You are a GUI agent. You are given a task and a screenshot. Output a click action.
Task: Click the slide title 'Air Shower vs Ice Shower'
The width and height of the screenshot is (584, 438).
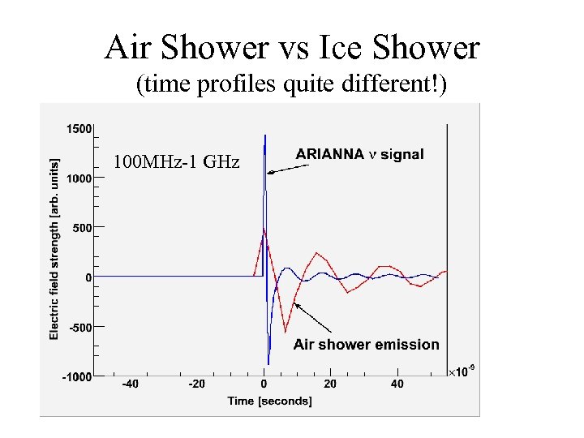click(x=292, y=49)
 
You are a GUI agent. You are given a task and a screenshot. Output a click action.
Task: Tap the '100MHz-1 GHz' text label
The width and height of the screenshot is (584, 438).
click(x=176, y=161)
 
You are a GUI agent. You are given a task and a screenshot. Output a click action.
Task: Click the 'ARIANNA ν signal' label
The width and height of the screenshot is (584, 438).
click(x=359, y=154)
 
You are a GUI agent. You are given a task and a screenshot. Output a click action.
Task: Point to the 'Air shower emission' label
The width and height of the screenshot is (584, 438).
click(x=366, y=344)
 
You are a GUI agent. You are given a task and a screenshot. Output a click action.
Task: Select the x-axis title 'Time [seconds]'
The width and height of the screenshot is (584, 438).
click(x=269, y=401)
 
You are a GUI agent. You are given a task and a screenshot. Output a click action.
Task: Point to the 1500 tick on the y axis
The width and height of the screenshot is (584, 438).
click(x=79, y=128)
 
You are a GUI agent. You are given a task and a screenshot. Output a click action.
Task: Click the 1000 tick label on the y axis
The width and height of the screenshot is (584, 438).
click(x=79, y=178)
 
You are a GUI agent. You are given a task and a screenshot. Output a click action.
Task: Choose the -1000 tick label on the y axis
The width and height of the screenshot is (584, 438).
click(x=78, y=376)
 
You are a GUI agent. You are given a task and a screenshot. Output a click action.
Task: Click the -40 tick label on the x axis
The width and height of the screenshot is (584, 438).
click(x=130, y=384)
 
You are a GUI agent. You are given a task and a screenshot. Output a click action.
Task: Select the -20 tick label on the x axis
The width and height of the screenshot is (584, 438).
click(x=196, y=384)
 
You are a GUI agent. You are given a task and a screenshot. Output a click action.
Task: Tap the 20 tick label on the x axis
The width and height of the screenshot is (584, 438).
click(x=330, y=384)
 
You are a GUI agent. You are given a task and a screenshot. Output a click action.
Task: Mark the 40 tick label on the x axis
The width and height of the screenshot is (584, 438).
click(x=397, y=384)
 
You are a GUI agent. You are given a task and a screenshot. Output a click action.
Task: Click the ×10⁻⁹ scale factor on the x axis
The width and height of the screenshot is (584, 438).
click(x=462, y=371)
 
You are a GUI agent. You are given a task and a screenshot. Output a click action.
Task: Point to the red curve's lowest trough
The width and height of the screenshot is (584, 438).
click(x=286, y=330)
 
